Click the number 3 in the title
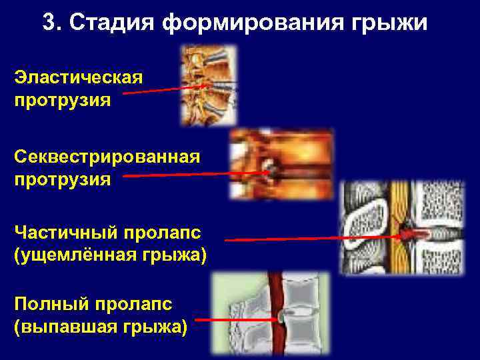pyautogui.click(x=49, y=23)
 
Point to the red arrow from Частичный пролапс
pyautogui.click(x=313, y=237)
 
